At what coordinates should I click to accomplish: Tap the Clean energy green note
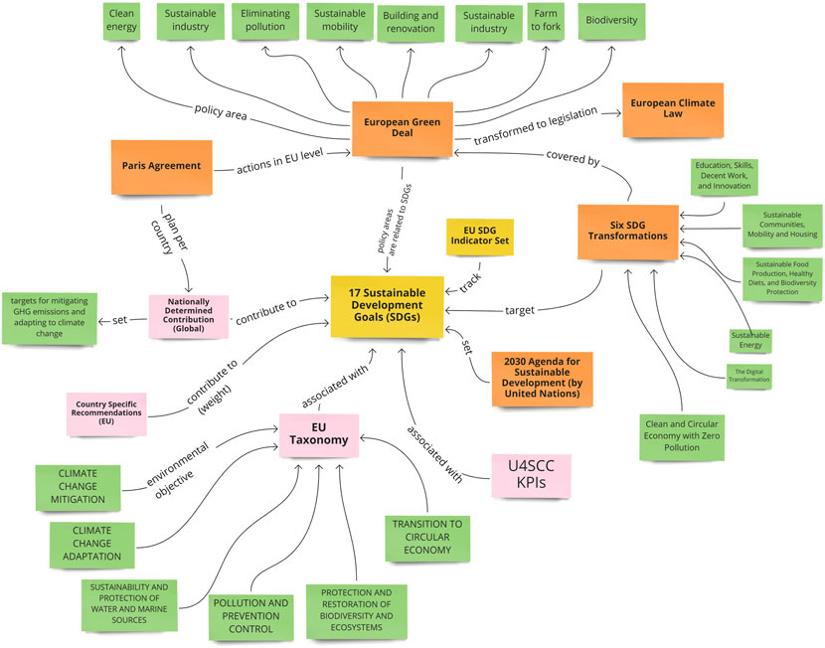pyautogui.click(x=121, y=23)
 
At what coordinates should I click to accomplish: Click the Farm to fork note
pyautogui.click(x=549, y=23)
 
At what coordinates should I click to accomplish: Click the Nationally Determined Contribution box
pyautogui.click(x=188, y=314)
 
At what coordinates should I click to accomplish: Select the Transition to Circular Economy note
pyautogui.click(x=428, y=536)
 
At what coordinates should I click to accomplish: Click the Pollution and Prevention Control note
pyautogui.click(x=250, y=617)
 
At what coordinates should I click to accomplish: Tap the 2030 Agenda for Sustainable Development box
pyautogui.click(x=542, y=379)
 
